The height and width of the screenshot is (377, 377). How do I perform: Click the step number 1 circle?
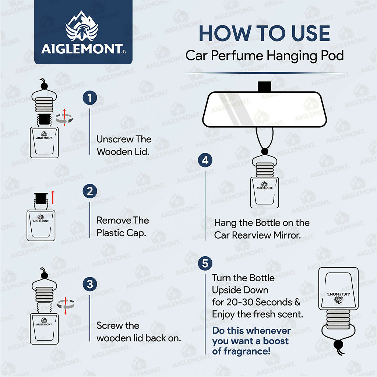pos(90,98)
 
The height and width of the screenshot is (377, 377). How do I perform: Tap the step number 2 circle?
pos(90,191)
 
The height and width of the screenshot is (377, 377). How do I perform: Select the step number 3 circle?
pos(90,284)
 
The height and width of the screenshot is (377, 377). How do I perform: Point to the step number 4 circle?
pos(205,161)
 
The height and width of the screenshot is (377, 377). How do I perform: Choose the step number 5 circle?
pos(205,264)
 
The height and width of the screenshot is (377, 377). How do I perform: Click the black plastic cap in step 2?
pos(40,199)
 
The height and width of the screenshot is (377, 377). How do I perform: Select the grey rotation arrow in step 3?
pos(66,304)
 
